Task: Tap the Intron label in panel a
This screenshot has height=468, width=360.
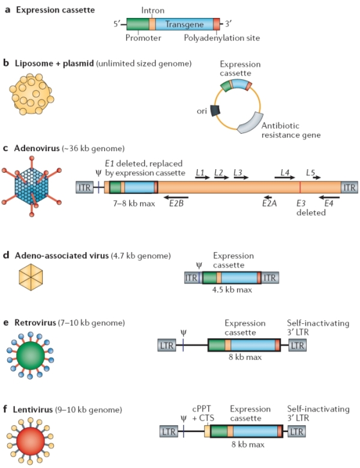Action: click(152, 10)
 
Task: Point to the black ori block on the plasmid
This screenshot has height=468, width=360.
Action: click(216, 110)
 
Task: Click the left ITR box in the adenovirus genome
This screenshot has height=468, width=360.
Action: click(84, 187)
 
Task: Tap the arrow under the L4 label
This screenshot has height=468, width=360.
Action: click(282, 178)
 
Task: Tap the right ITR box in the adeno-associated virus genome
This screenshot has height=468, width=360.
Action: click(270, 277)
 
